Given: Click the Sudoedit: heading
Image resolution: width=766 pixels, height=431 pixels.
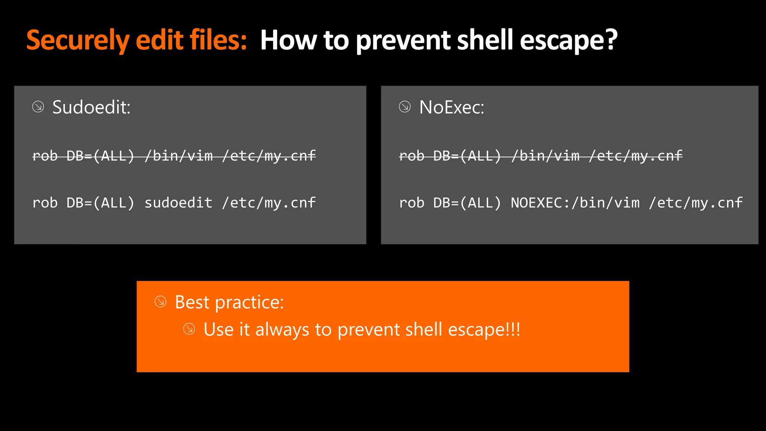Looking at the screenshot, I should coord(91,107).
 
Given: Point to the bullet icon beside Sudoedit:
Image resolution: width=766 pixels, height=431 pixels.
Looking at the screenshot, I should coord(38,107).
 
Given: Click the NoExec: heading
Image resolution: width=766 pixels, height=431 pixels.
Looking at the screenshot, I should coord(451,107).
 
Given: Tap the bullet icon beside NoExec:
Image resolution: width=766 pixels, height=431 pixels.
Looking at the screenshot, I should coord(405,107).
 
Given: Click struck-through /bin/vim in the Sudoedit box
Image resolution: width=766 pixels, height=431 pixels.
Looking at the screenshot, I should coord(178,156).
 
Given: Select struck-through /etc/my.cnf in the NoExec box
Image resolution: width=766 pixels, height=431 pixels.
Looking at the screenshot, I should coord(635,156).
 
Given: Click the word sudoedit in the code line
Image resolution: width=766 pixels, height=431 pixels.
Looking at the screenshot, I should coord(178,203).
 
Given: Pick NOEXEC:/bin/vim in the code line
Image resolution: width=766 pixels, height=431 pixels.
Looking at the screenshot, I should coord(575,203).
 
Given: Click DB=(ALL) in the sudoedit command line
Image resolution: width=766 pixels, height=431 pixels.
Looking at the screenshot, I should coord(100,203).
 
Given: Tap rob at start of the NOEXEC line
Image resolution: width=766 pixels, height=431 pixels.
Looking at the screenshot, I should coord(411,203).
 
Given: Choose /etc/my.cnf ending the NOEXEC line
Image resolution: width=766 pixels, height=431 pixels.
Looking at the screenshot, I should coord(696,203).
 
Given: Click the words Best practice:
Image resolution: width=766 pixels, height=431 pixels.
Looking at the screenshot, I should coord(229,302).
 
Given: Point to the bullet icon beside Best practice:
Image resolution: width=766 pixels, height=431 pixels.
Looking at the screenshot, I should coord(160,302).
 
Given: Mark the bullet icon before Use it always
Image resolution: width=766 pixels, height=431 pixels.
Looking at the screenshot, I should coord(189,329).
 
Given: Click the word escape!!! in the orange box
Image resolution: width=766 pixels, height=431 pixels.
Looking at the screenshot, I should coord(484,330).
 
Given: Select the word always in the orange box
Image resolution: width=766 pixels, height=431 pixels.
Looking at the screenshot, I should coord(282,330).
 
